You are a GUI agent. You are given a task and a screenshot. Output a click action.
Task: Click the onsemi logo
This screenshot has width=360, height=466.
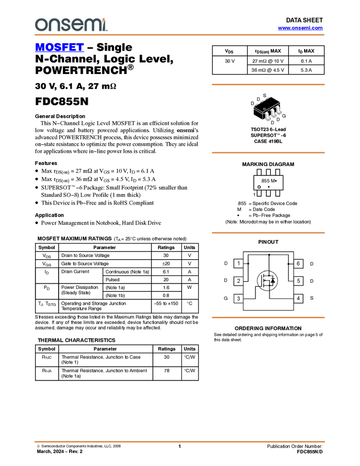71,25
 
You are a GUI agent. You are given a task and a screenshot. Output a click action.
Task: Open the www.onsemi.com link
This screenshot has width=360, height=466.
300,28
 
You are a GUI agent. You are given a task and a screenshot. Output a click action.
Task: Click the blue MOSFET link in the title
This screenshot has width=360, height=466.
59,47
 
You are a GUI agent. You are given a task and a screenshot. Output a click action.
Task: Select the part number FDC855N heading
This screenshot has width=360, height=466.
62,101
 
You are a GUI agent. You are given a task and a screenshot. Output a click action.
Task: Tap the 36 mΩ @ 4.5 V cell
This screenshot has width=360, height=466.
267,70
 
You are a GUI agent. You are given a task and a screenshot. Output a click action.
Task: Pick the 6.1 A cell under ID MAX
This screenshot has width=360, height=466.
306,61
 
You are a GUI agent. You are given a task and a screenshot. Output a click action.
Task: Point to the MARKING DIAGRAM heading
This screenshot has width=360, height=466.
268,164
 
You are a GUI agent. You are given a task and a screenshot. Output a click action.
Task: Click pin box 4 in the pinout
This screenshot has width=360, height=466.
298,298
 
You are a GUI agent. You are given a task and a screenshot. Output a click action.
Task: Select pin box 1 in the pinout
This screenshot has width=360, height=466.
238,263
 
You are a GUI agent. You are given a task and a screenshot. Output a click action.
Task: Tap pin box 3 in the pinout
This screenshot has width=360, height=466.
238,298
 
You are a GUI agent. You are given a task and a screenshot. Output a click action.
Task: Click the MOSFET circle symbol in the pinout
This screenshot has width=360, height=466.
267,281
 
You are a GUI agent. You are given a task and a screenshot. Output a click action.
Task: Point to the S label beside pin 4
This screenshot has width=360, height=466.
312,298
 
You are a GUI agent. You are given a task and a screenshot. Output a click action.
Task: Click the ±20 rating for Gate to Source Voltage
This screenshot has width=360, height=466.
166,264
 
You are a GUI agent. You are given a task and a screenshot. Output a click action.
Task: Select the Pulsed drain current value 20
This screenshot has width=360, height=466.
166,280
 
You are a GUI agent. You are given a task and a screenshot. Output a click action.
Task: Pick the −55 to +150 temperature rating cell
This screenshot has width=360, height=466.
166,303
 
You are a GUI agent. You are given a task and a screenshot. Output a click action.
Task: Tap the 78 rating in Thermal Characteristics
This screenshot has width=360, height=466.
167,371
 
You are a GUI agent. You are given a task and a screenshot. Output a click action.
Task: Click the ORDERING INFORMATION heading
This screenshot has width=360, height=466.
268,328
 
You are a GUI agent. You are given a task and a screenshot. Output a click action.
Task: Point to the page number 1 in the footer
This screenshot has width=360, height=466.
180,446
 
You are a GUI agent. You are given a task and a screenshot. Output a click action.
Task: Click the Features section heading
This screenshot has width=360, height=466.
46,163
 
